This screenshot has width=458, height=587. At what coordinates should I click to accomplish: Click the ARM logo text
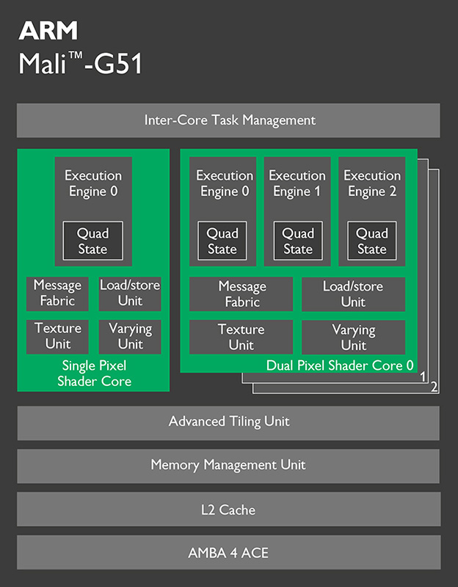tap(48, 30)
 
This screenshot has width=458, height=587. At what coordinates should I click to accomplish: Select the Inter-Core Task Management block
tap(229, 120)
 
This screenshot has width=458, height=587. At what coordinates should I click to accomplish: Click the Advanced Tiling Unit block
tap(229, 422)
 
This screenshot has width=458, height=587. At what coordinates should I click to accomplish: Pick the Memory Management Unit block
tap(229, 465)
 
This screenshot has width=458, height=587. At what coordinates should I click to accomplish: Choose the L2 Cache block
tap(229, 509)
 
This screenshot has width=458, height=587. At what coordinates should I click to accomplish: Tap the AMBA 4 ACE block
tap(229, 553)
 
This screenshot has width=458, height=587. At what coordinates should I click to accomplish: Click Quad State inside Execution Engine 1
tap(298, 241)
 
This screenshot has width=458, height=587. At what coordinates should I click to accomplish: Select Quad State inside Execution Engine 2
tap(371, 241)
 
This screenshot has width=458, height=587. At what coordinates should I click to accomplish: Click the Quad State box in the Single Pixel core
tap(93, 241)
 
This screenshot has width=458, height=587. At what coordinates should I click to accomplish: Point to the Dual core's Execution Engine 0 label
tap(224, 183)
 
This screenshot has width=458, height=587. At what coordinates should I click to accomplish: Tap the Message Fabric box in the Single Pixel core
tap(57, 293)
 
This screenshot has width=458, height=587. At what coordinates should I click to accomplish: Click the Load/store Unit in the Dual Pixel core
tap(353, 293)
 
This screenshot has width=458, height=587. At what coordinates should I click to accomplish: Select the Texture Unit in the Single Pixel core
tap(57, 336)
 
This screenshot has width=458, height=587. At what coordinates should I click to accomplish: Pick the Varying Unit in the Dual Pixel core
tap(353, 337)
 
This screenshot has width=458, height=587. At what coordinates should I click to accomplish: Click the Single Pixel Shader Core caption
tap(94, 373)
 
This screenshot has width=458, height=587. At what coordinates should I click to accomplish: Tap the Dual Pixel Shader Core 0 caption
tap(340, 365)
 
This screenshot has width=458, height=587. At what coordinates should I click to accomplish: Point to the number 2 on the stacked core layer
tap(435, 387)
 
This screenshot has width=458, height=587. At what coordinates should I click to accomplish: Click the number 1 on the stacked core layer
tap(423, 376)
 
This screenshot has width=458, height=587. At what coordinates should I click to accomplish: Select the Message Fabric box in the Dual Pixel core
tap(241, 293)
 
